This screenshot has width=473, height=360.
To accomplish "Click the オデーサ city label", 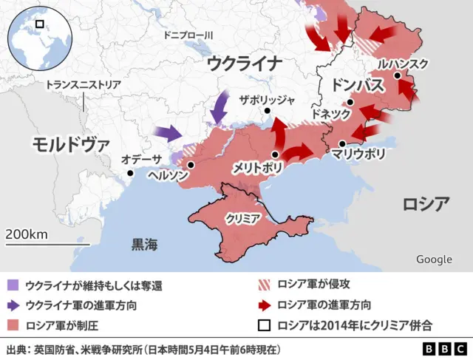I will (142, 159).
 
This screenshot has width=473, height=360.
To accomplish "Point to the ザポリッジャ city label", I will (268, 100).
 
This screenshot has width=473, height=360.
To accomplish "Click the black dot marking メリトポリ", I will (275, 154).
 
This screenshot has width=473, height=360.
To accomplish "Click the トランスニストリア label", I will (84, 85).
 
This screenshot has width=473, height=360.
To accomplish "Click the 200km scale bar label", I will (27, 234).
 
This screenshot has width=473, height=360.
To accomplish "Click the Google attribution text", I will (434, 259).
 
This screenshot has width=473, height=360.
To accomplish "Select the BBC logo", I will (443, 349).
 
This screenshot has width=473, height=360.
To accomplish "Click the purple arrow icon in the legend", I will (14, 305).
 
